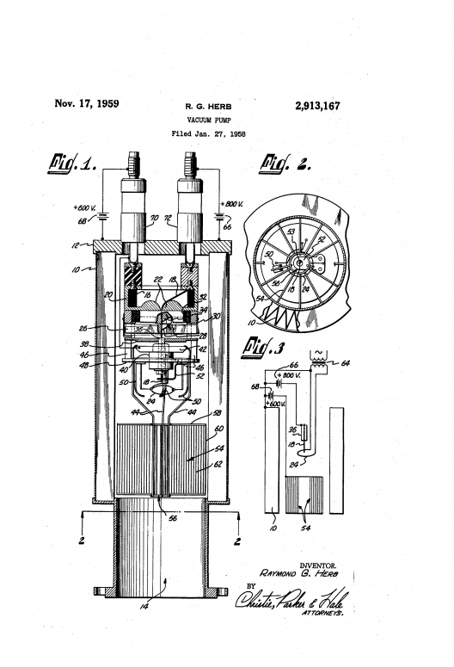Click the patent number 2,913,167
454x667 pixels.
point(310,107)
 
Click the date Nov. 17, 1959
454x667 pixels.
point(87,104)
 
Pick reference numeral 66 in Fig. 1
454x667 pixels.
point(227,228)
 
